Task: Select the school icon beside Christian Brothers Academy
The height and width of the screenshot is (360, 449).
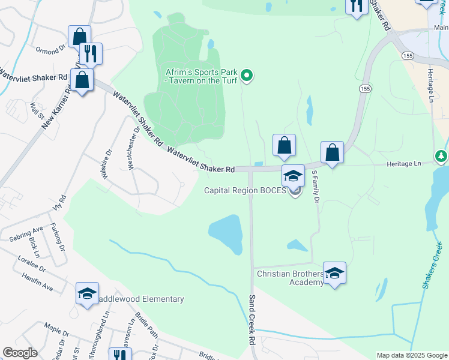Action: click(334, 274)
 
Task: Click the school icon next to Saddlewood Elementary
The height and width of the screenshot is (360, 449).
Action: click(87, 294)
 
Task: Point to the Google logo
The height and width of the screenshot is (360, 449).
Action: click(20, 353)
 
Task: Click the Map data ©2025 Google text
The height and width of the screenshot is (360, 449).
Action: click(411, 355)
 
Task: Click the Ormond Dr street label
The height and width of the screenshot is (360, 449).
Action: click(50, 50)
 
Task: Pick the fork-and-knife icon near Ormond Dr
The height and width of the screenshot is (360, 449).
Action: click(90, 54)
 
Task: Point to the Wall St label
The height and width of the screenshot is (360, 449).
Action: click(38, 110)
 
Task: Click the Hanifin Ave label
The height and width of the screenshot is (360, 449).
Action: click(39, 289)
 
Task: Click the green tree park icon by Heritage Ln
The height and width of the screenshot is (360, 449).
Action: click(441, 157)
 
